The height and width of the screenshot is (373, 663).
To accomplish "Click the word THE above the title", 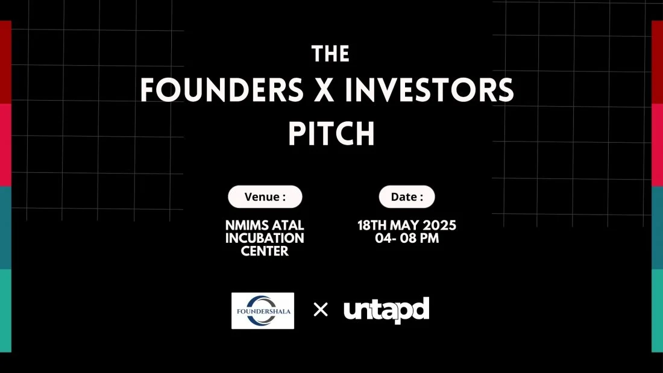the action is click(331, 54).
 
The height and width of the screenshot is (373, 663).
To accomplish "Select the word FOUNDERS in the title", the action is click(222, 90).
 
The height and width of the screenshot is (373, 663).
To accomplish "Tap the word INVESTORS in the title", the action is click(429, 90).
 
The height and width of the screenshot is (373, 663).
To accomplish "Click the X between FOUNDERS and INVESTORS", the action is click(324, 90).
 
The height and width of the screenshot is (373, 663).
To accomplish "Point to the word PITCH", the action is click(331, 134).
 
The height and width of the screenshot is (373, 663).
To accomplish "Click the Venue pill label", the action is click(265, 196).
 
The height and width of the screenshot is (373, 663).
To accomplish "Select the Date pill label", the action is click(407, 196).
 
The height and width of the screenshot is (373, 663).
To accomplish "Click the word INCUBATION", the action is click(265, 238).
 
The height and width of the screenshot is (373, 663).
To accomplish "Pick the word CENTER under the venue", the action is click(265, 251).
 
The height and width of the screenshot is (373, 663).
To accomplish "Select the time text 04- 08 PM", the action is click(407, 238).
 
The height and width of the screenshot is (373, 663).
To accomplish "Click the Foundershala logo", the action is click(263, 311).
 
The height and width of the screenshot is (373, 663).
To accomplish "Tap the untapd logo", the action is click(386, 310).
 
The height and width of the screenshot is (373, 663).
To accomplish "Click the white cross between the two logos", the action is click(321, 310).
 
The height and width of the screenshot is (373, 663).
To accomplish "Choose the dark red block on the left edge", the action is click(5, 62).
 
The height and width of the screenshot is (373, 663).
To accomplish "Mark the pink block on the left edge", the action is click(5, 145).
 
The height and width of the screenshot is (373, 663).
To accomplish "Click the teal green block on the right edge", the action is click(658, 311).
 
